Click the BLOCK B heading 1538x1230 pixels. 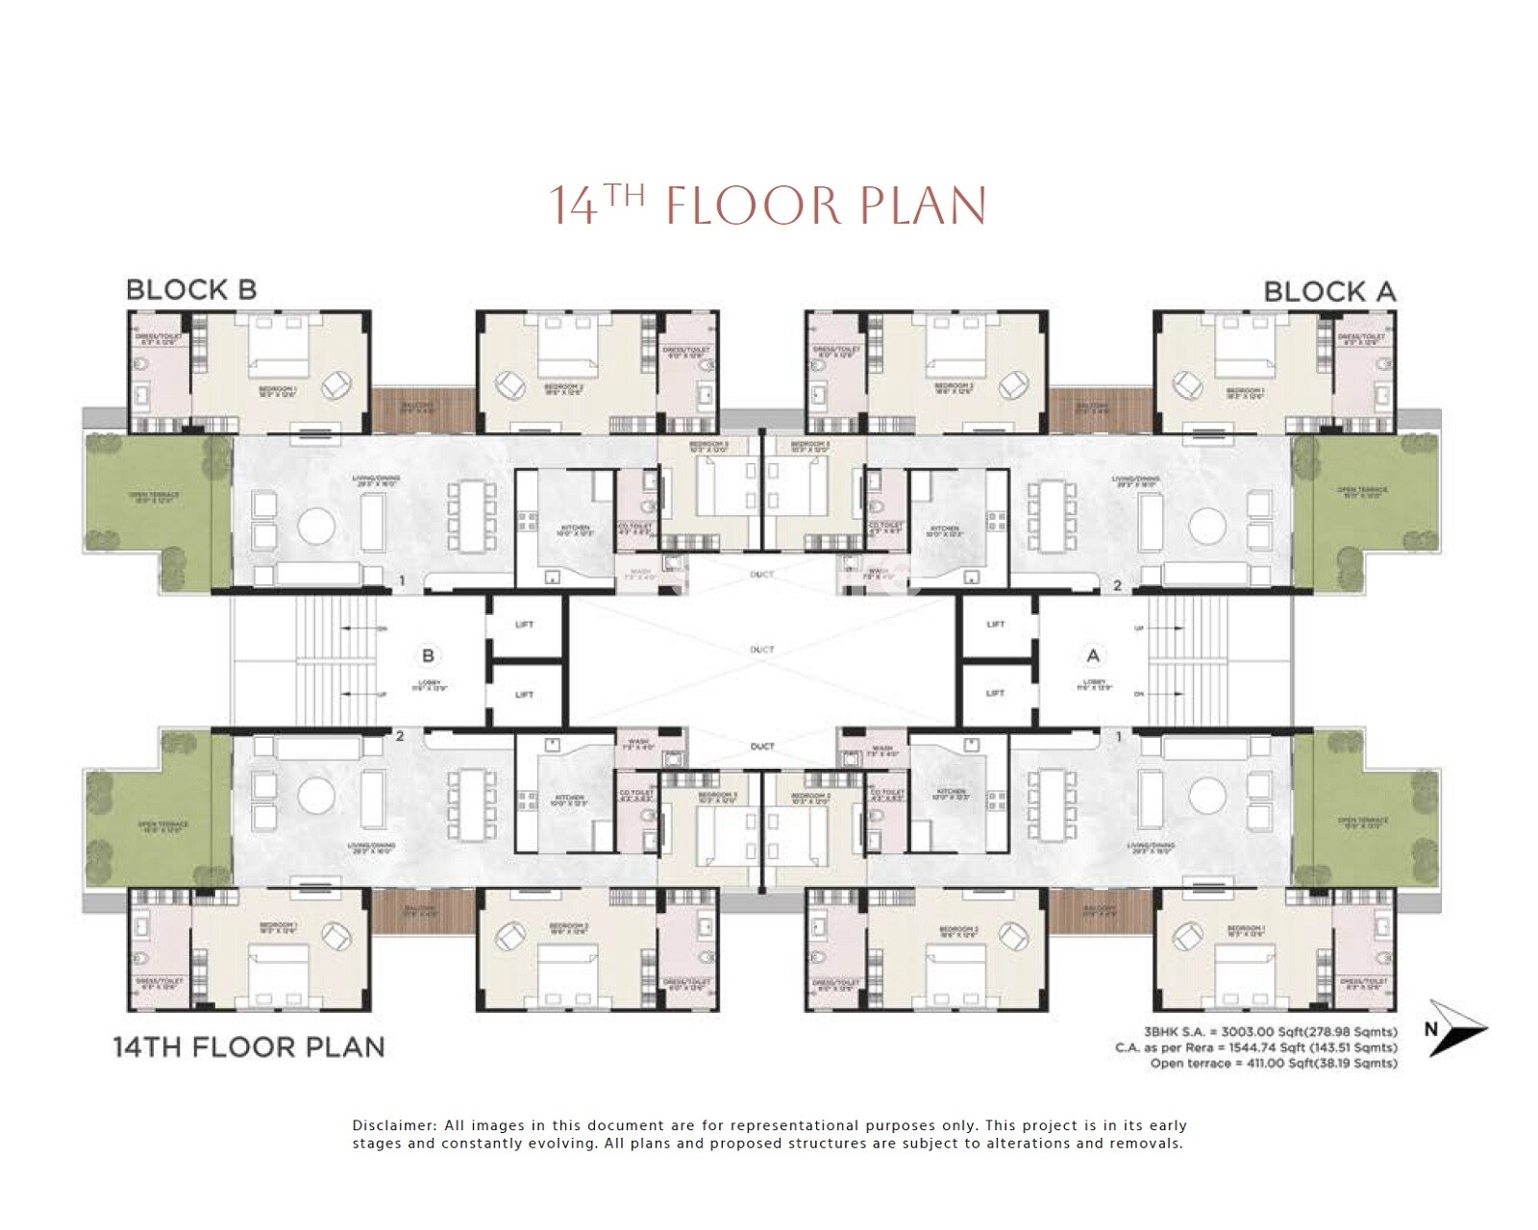191,289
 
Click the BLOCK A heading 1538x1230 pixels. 1328,291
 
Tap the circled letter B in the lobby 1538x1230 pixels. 429,655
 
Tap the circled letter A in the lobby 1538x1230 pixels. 1092,655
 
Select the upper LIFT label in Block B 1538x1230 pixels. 524,625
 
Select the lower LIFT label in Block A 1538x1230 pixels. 995,693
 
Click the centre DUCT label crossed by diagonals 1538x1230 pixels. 762,651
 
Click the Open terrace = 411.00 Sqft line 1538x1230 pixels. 1273,1064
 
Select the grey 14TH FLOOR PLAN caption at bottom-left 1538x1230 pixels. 249,1046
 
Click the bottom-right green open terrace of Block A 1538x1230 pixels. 1363,822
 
